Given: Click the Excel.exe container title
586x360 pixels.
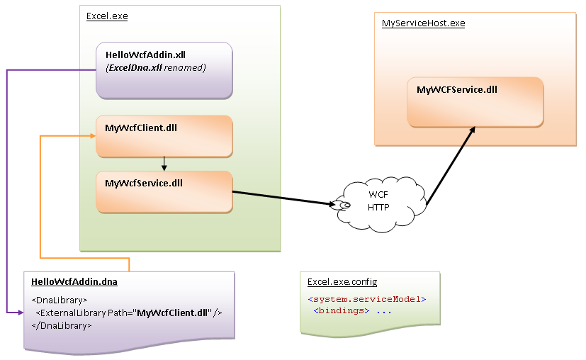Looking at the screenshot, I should [107, 16].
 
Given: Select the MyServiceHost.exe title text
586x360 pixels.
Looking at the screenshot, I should [423, 23].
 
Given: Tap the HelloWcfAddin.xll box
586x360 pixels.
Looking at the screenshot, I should [164, 70].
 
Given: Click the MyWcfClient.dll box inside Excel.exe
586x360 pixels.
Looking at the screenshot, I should [164, 136].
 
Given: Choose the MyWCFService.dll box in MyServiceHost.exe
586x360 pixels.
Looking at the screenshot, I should [475, 102].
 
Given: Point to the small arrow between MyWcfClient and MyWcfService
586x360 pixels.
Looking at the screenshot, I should [164, 164].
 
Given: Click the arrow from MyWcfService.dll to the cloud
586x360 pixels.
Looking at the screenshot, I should [283, 198].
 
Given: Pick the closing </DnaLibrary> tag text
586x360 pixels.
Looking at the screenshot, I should [62, 325].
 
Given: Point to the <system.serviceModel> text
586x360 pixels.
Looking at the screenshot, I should [367, 299].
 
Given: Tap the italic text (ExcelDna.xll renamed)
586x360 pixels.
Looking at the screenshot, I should [155, 67].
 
